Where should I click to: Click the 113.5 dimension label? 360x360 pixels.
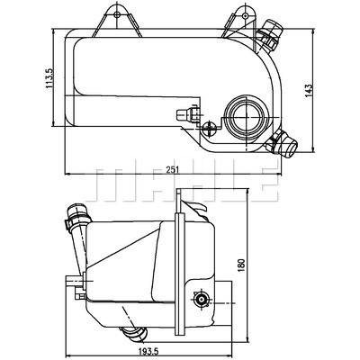tap(49, 78)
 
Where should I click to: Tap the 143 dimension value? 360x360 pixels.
tap(309, 90)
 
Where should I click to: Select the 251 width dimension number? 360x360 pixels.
tap(174, 169)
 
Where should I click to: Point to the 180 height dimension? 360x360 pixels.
tap(242, 265)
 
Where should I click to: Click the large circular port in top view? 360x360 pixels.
tap(246, 116)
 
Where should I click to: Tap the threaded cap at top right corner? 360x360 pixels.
tap(271, 34)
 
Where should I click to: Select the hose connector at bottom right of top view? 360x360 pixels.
tap(282, 143)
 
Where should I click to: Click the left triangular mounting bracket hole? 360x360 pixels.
tap(117, 14)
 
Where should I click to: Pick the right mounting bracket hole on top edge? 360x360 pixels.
tap(246, 15)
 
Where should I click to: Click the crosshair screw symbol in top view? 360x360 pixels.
tap(209, 129)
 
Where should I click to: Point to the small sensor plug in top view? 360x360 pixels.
tap(188, 114)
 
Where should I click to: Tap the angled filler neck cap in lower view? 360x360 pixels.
tap(76, 218)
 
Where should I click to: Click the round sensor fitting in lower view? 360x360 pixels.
tap(200, 300)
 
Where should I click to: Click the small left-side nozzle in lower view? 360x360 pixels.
tap(74, 281)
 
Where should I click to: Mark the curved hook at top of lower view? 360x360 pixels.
tap(197, 206)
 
